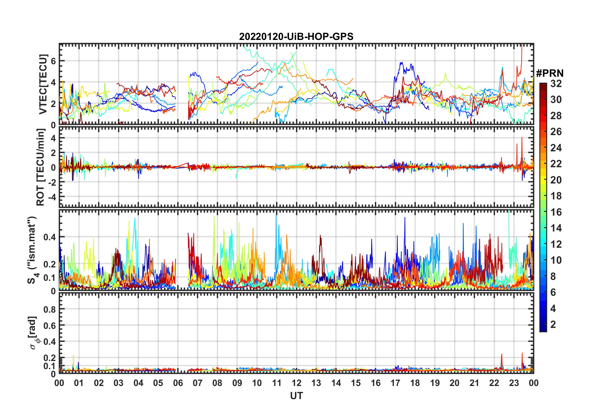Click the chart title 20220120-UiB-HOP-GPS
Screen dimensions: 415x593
point(296,37)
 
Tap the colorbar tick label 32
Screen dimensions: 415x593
point(556,84)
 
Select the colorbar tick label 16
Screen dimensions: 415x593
point(556,212)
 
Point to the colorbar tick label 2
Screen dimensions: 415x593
point(553,325)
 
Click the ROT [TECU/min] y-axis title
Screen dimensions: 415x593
point(41,167)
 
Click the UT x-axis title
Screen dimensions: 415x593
point(296,396)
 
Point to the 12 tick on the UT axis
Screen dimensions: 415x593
point(296,383)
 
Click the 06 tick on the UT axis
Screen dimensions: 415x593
point(178,383)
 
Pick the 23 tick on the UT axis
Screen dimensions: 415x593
point(514,383)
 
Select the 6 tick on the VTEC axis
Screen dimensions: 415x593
point(53,61)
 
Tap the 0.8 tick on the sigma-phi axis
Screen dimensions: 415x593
point(50,309)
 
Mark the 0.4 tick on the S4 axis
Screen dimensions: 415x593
point(50,237)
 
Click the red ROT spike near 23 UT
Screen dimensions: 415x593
point(522,139)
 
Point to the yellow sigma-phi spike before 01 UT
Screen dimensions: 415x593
point(73,356)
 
